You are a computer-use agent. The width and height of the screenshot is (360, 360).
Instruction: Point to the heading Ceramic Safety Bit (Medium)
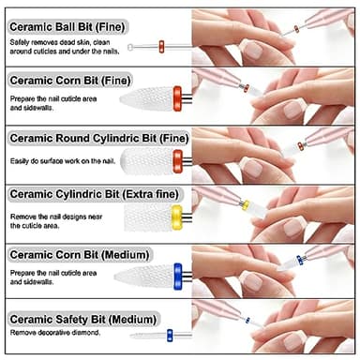(79, 320)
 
